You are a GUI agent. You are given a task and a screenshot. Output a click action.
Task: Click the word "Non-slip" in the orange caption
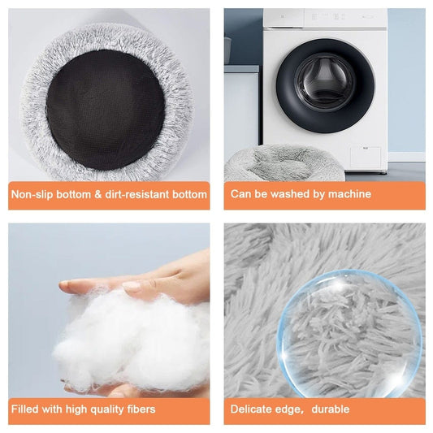(x=32, y=194)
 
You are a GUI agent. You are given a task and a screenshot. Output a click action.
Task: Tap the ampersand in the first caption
(x=98, y=194)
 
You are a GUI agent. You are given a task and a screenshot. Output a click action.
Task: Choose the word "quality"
(x=107, y=409)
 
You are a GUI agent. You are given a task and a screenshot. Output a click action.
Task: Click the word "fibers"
(x=141, y=409)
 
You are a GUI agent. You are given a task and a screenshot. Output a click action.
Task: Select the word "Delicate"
(x=250, y=409)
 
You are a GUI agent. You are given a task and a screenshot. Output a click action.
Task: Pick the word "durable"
(x=331, y=409)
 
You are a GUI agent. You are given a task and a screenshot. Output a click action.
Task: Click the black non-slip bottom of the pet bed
(x=106, y=110)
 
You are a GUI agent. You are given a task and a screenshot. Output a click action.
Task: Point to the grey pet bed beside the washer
(x=284, y=163)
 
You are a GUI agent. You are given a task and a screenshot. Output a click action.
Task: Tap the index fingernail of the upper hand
(x=132, y=287)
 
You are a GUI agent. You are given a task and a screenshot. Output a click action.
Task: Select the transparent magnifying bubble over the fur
(x=349, y=334)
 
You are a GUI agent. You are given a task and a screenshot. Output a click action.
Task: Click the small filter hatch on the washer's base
(x=366, y=158)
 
